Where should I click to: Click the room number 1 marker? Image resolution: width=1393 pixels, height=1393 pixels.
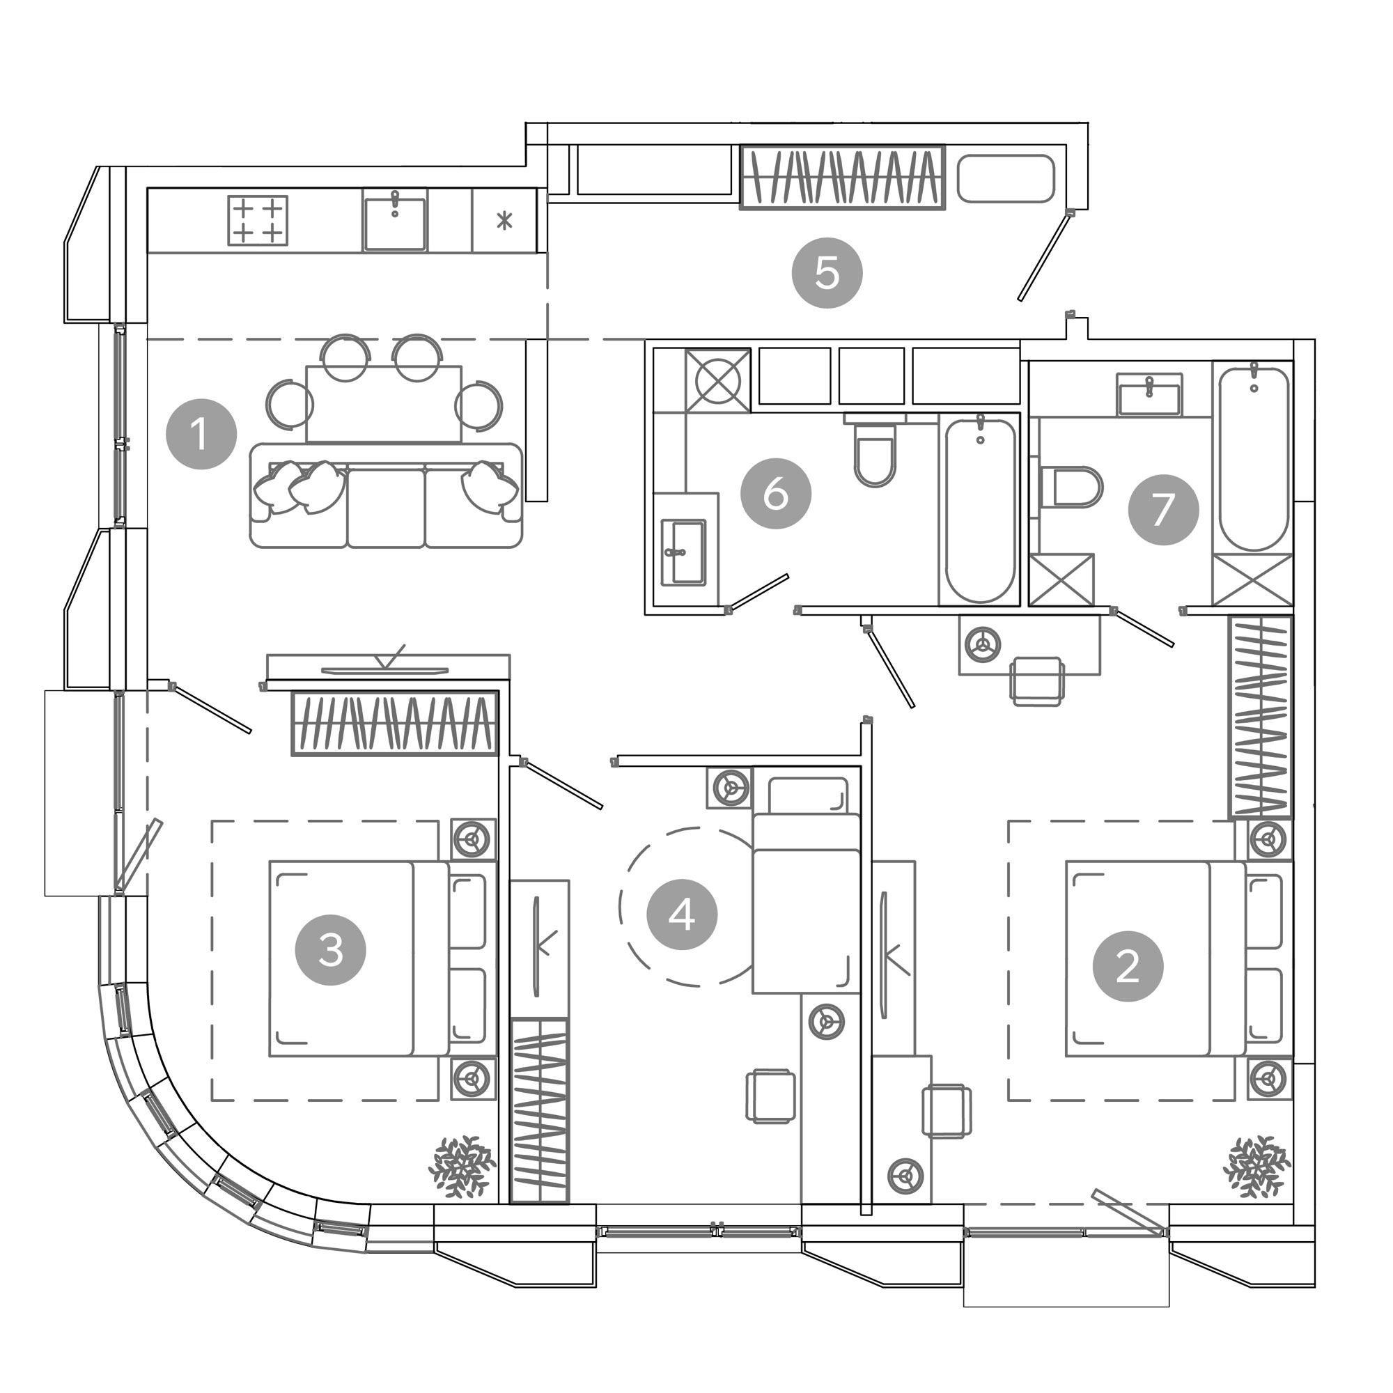click(x=201, y=434)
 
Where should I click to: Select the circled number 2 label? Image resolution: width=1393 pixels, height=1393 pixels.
click(x=1128, y=966)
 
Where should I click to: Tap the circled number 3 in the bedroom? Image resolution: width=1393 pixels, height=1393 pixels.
click(x=331, y=950)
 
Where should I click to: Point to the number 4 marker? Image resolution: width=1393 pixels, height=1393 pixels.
click(x=682, y=915)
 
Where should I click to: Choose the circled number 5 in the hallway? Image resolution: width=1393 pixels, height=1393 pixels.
click(x=827, y=273)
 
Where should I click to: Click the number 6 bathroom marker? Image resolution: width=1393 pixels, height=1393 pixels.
click(x=776, y=494)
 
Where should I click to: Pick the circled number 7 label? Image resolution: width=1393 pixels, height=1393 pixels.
click(x=1164, y=510)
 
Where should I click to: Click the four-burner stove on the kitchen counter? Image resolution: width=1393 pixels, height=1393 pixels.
click(x=258, y=221)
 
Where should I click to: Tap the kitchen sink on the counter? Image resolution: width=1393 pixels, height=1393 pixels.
click(x=394, y=221)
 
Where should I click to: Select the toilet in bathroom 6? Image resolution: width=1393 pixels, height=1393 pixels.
click(x=875, y=451)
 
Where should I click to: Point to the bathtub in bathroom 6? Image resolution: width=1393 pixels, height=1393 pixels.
click(x=979, y=509)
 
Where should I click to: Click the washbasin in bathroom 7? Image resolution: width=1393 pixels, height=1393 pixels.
click(x=1149, y=394)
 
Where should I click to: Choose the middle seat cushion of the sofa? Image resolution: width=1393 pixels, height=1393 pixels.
click(x=387, y=506)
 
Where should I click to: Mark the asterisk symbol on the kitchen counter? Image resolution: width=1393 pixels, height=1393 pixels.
click(x=505, y=221)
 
